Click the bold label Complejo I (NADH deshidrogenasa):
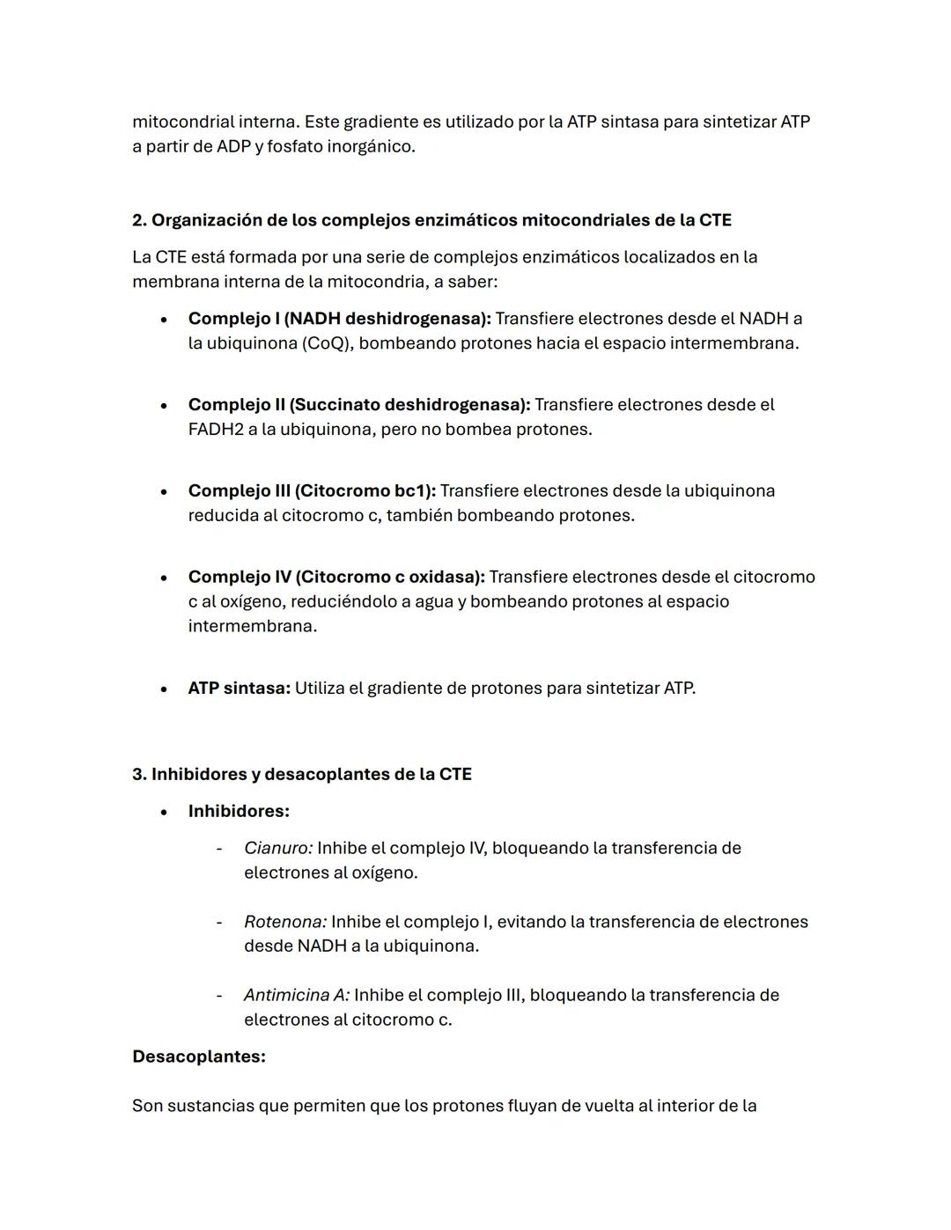tap(339, 319)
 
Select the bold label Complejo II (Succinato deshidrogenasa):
tap(358, 405)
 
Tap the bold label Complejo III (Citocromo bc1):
tap(312, 490)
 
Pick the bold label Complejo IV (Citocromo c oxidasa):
tap(335, 577)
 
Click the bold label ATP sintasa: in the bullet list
tap(239, 688)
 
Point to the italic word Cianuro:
tap(278, 848)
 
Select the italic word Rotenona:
tap(285, 922)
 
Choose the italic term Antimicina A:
tap(297, 995)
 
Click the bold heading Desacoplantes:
tap(198, 1057)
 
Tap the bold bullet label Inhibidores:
tap(239, 811)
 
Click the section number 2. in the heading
tap(139, 220)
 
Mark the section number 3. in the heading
tap(139, 774)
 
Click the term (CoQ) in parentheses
tap(327, 343)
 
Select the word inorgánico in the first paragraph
tap(370, 146)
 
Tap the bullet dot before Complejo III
tap(164, 491)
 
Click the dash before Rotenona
tap(219, 922)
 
